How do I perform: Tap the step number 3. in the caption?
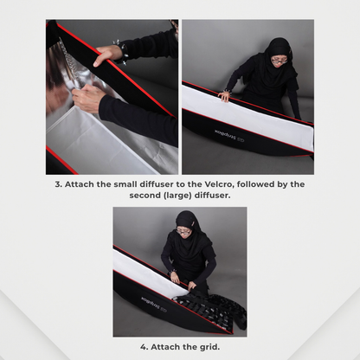(x=59, y=184)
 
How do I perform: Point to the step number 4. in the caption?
(x=145, y=347)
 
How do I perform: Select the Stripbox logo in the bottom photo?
(x=154, y=304)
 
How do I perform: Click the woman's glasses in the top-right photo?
(x=279, y=61)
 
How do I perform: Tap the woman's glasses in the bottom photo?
(x=183, y=230)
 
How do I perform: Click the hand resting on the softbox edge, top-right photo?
(x=224, y=96)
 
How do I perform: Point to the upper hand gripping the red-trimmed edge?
(x=104, y=56)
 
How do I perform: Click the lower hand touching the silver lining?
(x=87, y=98)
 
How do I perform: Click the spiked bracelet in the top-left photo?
(x=120, y=52)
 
